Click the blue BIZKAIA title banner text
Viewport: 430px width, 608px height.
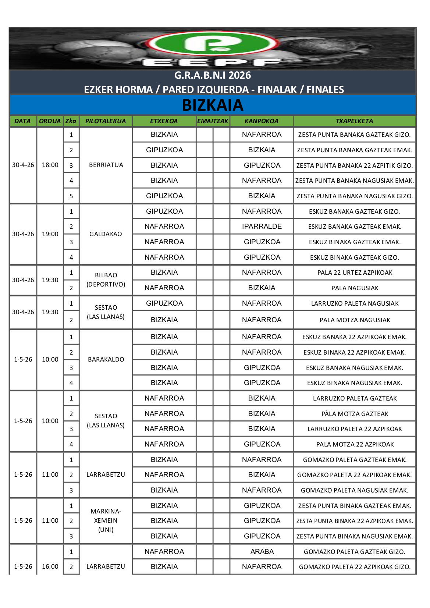213,105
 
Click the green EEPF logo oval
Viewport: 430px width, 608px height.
213,43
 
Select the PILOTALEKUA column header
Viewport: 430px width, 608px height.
106,121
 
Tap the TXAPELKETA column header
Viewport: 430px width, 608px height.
354,121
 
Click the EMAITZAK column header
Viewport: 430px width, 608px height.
213,121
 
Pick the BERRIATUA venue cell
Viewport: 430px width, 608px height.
106,165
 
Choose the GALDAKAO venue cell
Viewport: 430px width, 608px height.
106,234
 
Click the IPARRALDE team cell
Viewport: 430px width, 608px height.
262,227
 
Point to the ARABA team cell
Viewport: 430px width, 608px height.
262,551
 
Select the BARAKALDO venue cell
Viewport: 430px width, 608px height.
106,359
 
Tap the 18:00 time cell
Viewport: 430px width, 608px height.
50,165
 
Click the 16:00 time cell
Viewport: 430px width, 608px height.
50,566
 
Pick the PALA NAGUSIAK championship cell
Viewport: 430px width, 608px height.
355,288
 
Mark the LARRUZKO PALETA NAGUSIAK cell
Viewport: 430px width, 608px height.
355,303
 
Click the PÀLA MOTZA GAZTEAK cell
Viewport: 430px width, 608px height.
355,414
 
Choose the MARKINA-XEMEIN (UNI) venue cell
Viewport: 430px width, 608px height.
106,520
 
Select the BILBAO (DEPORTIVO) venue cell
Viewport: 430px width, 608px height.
106,280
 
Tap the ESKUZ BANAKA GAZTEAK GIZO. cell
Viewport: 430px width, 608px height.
355,211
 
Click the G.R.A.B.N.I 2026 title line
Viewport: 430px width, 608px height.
213,75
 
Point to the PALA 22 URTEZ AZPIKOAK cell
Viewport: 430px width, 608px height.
355,273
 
